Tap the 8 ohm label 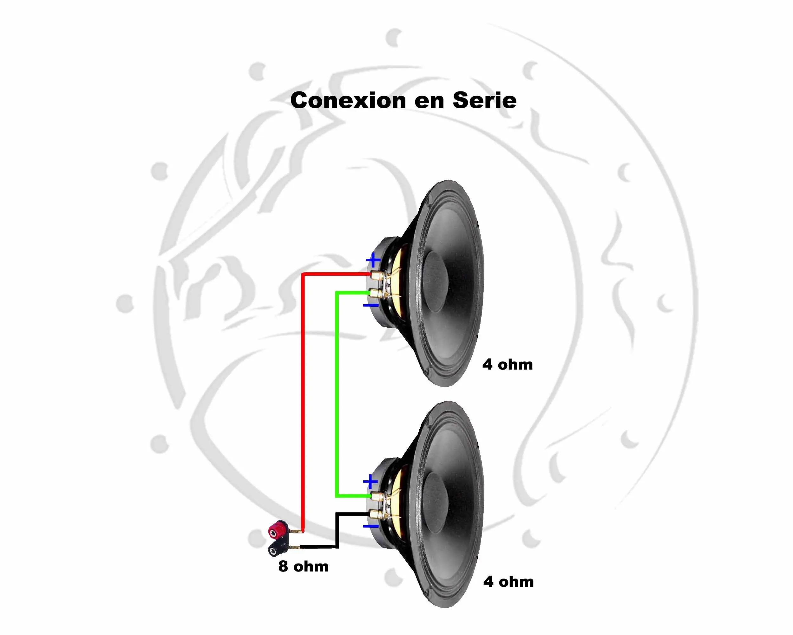pos(303,566)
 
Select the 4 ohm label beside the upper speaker pos(508,364)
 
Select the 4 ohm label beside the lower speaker pos(508,582)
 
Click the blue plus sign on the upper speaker pos(373,260)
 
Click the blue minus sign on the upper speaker pos(371,305)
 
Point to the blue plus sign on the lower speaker pos(370,482)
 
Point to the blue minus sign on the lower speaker pos(371,526)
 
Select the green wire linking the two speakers pos(337,394)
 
